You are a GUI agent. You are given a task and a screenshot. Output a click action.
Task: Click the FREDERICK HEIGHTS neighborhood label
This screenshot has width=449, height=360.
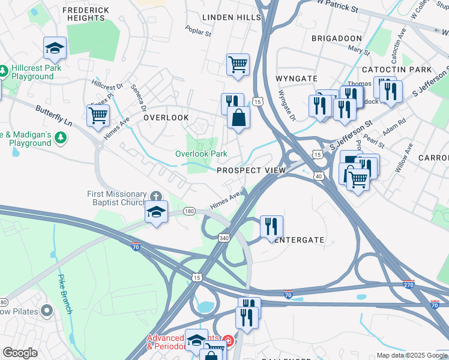click(85, 14)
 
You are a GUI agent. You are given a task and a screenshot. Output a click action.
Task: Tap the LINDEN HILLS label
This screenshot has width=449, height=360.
click(232, 17)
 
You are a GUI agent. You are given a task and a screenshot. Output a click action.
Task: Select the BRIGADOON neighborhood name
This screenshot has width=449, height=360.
click(337, 38)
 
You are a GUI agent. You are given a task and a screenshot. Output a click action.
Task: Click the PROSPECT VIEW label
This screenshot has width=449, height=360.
click(251, 170)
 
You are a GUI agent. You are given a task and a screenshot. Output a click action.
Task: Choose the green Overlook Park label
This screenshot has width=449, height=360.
click(201, 154)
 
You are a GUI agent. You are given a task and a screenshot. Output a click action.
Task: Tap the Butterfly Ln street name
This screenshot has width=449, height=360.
click(53, 115)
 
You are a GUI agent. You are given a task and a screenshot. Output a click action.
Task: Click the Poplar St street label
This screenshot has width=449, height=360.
click(198, 31)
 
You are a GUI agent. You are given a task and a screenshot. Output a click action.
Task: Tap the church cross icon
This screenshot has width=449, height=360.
click(156, 196)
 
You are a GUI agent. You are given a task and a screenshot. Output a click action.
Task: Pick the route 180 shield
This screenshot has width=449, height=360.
click(190, 211)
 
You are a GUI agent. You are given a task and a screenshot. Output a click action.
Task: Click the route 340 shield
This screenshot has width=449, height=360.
click(223, 238)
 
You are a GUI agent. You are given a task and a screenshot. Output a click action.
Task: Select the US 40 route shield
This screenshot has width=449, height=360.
click(318, 176)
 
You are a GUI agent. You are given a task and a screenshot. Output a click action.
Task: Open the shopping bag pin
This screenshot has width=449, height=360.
click(239, 117)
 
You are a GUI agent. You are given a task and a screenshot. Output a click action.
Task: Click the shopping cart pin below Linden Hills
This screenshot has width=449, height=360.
click(238, 64)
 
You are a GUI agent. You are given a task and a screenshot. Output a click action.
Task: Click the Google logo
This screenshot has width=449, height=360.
click(20, 353)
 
